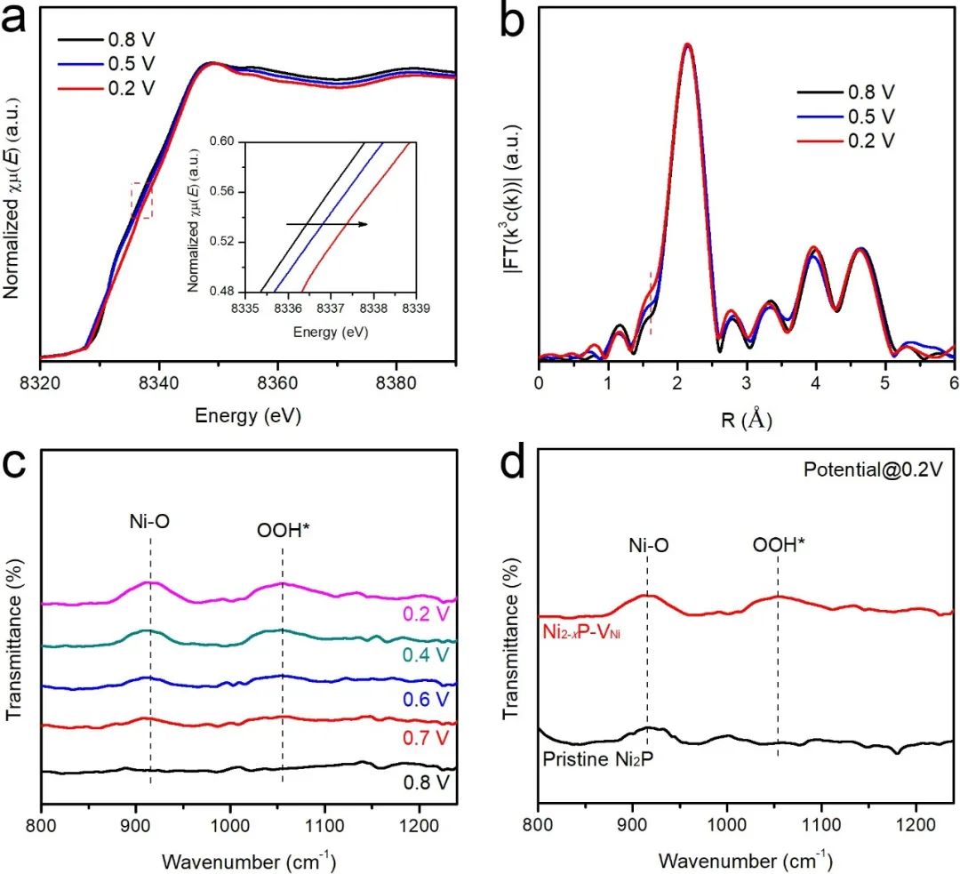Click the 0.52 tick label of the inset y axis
227,241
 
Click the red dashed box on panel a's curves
142,200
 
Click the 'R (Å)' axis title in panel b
746,418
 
